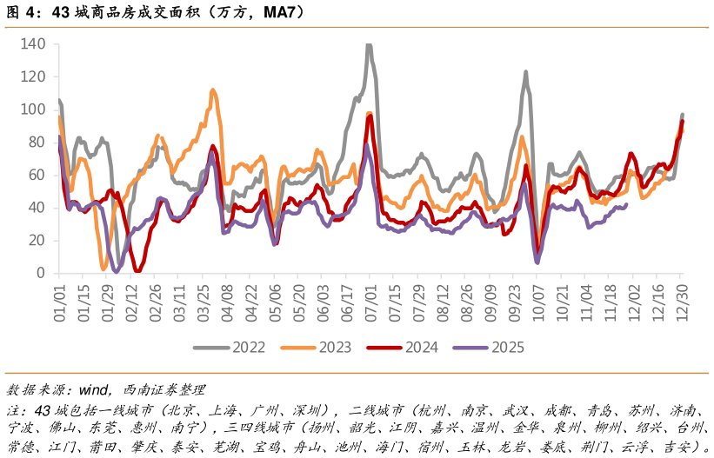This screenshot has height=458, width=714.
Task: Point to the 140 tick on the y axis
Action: click(33, 44)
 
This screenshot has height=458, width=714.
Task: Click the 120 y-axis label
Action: click(33, 76)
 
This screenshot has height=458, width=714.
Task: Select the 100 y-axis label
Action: click(33, 110)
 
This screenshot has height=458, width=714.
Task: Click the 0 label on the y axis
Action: click(41, 273)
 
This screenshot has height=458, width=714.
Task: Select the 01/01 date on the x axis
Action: click(60, 298)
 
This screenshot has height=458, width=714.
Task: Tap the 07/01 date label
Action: click(370, 298)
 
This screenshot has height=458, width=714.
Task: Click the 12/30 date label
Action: click(682, 298)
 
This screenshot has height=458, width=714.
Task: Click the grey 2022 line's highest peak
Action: click(369, 44)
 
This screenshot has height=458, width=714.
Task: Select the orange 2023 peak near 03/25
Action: click(213, 90)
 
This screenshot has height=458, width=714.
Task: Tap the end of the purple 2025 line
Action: click(626, 205)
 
